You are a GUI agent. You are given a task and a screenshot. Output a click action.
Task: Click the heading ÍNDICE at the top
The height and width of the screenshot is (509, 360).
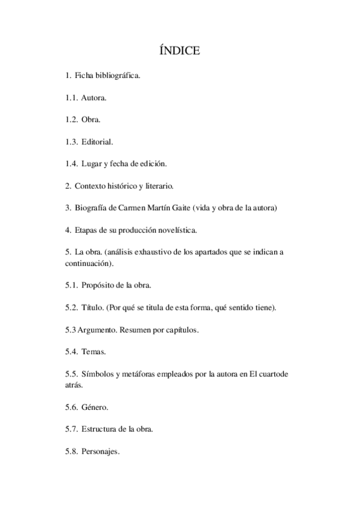180,51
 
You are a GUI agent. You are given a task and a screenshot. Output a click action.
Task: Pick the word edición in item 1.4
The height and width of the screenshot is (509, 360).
152,163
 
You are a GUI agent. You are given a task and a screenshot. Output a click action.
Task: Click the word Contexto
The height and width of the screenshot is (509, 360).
91,186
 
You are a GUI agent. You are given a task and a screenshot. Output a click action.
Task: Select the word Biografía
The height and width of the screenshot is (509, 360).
92,208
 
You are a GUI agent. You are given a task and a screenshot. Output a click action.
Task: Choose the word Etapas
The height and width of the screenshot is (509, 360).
88,230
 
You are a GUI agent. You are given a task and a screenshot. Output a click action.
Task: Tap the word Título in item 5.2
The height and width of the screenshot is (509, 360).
92,307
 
